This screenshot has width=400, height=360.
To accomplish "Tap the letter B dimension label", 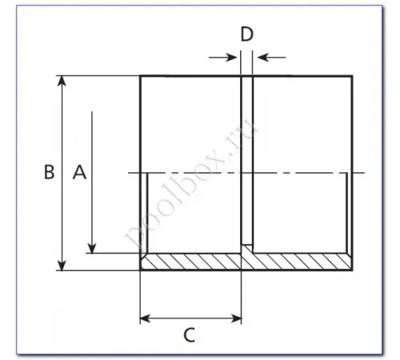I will pyautogui.click(x=49, y=172).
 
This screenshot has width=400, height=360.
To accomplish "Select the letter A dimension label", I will pyautogui.click(x=78, y=172).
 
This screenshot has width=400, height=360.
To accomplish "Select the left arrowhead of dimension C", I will pyautogui.click(x=146, y=318).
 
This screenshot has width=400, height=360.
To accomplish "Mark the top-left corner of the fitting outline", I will pyautogui.click(x=141, y=76).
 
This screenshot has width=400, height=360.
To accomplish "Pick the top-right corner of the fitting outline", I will pyautogui.click(x=350, y=76).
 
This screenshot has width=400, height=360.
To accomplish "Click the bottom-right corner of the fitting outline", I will pyautogui.click(x=350, y=270).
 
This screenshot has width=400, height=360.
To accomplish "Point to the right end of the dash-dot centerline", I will pyautogui.click(x=365, y=173).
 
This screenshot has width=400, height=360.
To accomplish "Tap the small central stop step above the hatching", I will pyautogui.click(x=247, y=249).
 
